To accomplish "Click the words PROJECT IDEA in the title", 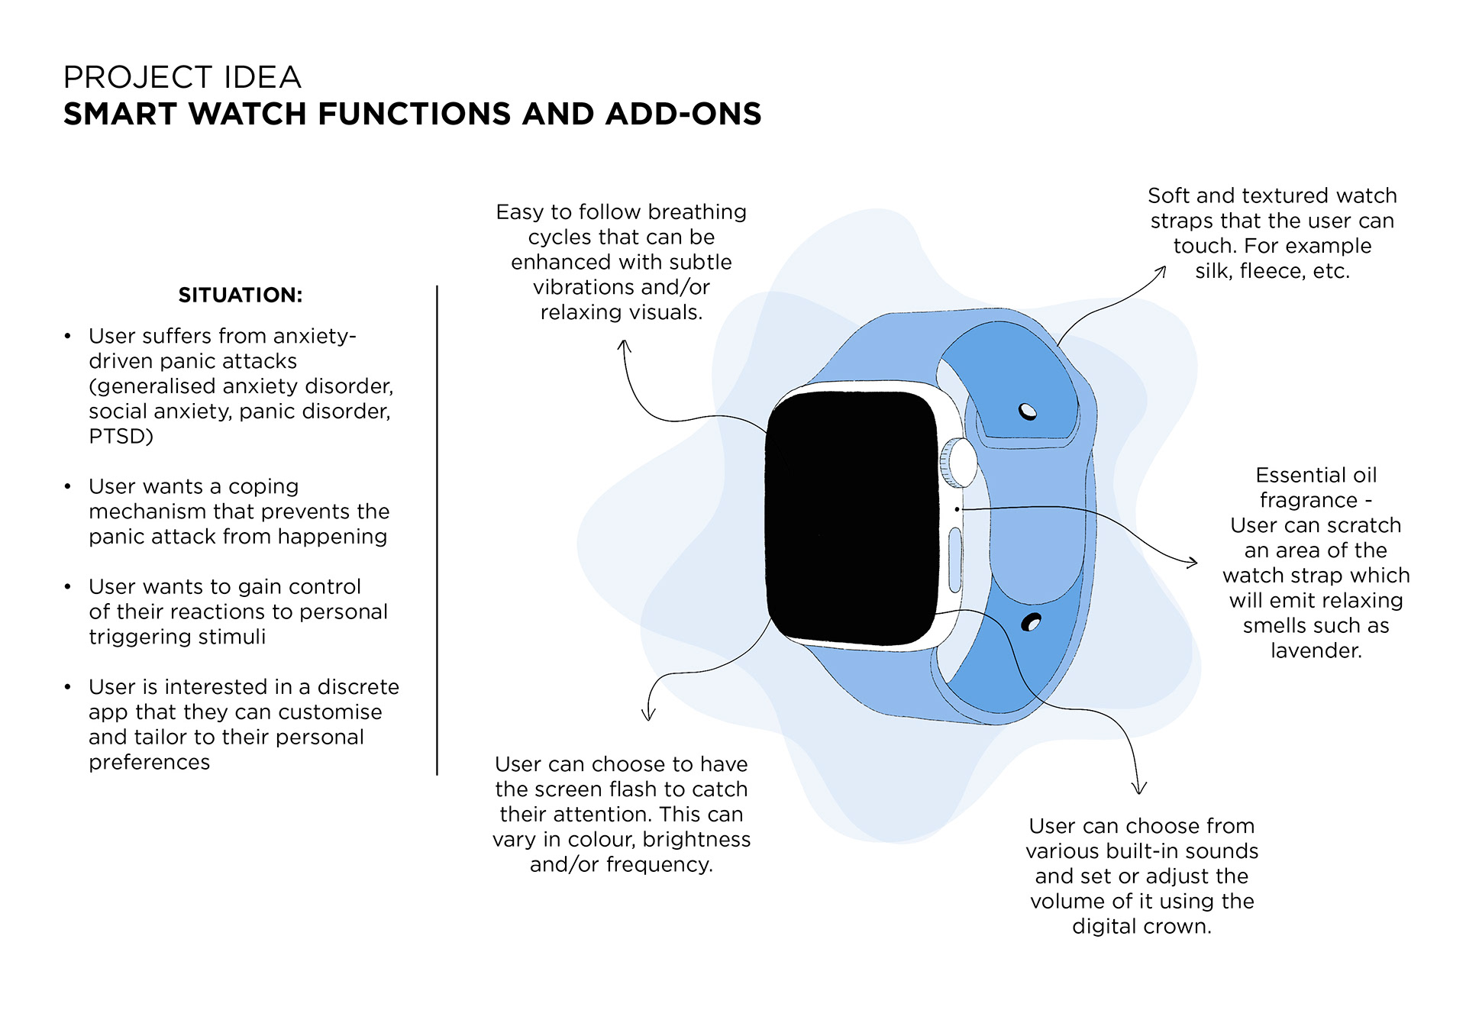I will coord(182,78).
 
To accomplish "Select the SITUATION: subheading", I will coord(241,295).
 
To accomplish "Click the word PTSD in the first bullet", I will coord(117,437).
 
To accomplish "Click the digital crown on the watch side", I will coord(959,463).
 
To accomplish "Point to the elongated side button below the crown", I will coord(955,560).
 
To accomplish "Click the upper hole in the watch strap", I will coord(1028,411).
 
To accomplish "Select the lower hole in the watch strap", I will coord(1031,623).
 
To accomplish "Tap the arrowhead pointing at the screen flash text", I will coord(648,716).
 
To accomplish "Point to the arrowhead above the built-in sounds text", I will coord(1138,789).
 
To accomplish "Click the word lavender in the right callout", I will coord(1316,651).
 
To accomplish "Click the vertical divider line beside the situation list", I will coord(437,531).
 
